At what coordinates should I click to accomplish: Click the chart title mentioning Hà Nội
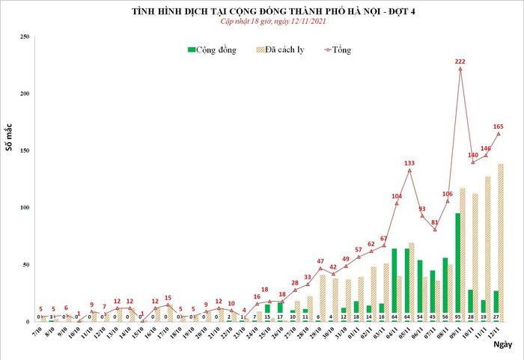tap(263, 11)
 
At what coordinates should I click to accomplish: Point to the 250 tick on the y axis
tap(25, 37)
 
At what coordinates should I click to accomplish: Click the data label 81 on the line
tap(435, 222)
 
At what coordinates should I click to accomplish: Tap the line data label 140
tap(473, 156)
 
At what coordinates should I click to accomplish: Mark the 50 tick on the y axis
tap(26, 265)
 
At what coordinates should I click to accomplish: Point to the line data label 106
tap(448, 194)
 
